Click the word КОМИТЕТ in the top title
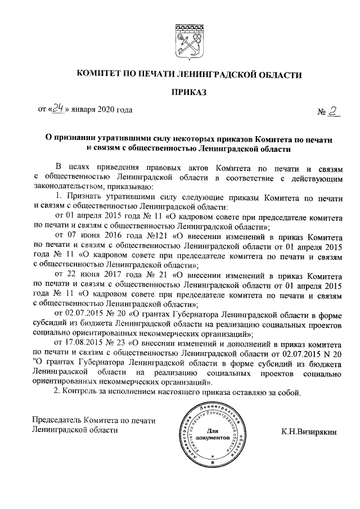click(99, 74)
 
